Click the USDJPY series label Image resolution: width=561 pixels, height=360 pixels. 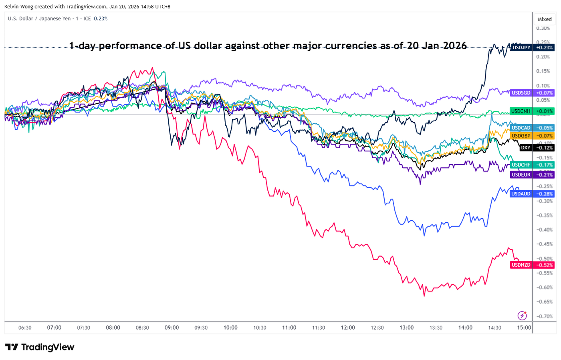(x=521, y=47)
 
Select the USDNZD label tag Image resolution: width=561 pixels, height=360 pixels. (x=521, y=265)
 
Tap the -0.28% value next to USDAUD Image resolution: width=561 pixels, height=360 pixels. (x=545, y=194)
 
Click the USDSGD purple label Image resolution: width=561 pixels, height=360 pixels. (x=521, y=93)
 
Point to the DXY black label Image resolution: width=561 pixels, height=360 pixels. (x=525, y=148)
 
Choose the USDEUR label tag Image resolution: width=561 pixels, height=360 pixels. (x=521, y=175)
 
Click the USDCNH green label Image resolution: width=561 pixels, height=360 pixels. (x=521, y=111)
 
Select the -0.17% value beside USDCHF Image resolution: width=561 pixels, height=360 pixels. (x=545, y=165)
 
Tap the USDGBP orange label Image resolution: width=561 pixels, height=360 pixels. (x=521, y=136)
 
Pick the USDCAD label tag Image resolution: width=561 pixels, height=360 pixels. (x=521, y=128)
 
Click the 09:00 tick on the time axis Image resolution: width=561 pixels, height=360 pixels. (x=172, y=328)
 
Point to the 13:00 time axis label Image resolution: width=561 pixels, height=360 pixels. (x=406, y=328)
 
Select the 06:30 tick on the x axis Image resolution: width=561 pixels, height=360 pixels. (x=25, y=328)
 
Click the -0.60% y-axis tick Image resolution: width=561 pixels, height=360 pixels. (x=545, y=288)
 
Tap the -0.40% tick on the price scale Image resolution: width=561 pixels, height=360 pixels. (x=545, y=230)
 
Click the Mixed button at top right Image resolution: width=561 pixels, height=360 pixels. (x=544, y=19)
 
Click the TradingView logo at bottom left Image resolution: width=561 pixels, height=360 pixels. (x=40, y=347)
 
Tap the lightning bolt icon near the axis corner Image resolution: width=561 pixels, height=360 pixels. (x=522, y=315)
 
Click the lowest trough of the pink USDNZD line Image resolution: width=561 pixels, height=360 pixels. (x=424, y=296)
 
